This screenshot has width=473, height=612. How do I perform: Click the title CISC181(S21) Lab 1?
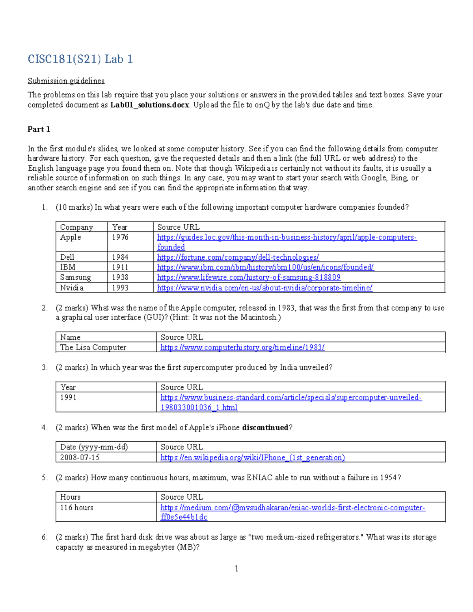80,59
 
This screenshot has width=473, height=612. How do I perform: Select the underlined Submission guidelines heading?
66,81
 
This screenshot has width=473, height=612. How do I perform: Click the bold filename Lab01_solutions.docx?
149,105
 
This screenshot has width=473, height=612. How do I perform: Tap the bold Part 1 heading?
39,129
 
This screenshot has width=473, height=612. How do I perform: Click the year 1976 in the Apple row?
120,237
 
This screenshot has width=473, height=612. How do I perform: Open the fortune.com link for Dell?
238,257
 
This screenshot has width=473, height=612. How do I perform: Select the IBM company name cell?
67,267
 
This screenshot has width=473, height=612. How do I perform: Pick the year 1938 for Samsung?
120,277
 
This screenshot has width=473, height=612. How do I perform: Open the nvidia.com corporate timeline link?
264,288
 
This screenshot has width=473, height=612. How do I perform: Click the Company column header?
76,227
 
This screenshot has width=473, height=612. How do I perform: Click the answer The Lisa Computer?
93,347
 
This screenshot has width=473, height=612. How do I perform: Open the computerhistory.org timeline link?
242,347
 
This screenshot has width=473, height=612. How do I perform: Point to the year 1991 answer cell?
68,397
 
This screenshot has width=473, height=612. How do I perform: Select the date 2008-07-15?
80,458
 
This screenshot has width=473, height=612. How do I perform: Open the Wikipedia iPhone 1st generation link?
253,458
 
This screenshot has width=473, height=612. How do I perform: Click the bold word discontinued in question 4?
265,428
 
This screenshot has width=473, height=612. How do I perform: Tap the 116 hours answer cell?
76,508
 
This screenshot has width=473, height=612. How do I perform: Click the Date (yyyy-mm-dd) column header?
94,447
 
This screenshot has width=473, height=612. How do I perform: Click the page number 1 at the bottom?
236,568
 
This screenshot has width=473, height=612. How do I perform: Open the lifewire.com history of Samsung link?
249,277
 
